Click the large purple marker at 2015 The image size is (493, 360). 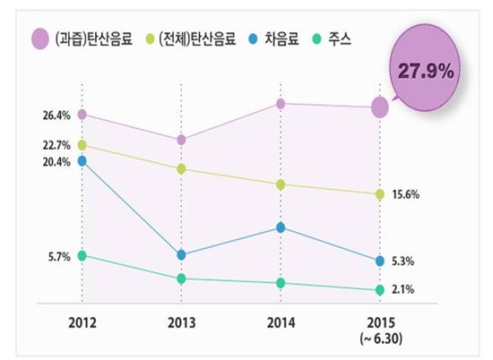[380, 107]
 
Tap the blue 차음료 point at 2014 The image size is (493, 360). [281, 227]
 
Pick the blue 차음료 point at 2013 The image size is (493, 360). [181, 255]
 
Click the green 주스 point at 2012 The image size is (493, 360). [82, 256]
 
